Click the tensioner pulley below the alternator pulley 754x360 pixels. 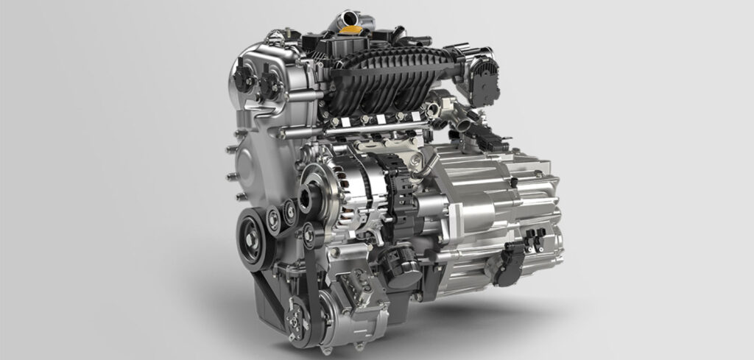point(310,235)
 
